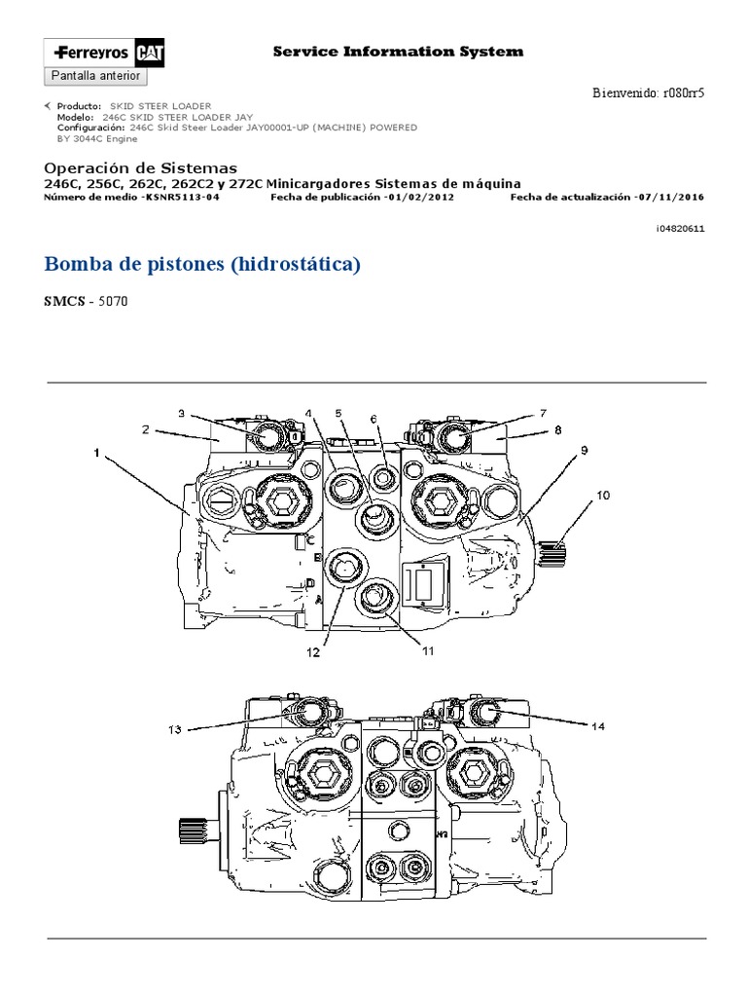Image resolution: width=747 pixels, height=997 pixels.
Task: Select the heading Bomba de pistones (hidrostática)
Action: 203,264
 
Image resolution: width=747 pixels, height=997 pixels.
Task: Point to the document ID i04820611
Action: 680,228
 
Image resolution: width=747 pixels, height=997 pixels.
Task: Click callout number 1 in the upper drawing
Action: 97,452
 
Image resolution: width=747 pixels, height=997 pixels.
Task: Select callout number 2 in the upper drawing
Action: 144,429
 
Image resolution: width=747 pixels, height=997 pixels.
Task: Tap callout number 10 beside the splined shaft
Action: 603,495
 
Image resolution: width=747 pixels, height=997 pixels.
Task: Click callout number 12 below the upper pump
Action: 313,653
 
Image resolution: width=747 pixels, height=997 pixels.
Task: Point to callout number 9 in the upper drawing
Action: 585,449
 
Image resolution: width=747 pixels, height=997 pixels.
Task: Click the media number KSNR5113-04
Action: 181,197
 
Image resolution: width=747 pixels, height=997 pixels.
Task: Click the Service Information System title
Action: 397,52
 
